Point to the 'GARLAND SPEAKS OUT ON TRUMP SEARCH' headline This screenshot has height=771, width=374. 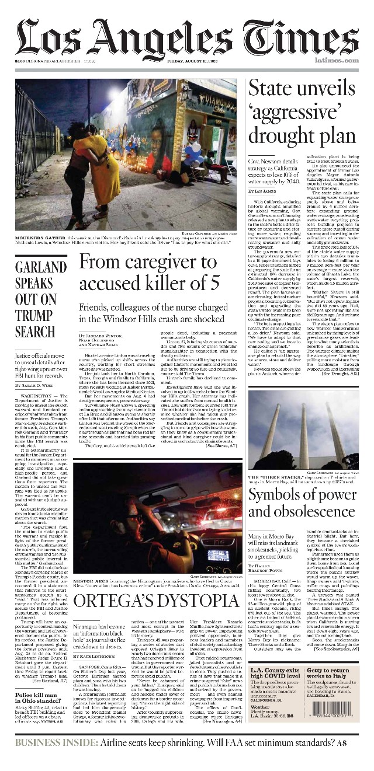tap(41, 299)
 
